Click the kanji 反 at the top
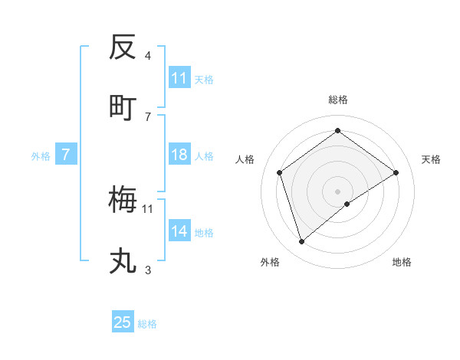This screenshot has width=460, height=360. point(123,48)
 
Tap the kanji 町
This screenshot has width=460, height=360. point(123,106)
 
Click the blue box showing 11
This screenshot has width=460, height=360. point(179,78)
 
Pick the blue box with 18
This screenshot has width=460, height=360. point(179,155)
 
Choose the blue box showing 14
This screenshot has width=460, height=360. point(179,231)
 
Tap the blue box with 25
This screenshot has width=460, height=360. point(123,322)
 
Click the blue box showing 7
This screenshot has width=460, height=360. point(66,155)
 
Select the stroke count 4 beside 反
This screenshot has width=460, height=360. point(148,56)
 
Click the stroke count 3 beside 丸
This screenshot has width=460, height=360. point(148,270)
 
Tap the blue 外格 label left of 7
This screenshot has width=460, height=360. point(41,155)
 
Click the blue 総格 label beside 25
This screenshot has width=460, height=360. point(147,323)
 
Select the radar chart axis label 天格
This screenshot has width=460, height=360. point(432,159)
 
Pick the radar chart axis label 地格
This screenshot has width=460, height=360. point(402,262)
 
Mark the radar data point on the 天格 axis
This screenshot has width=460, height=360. point(396,172)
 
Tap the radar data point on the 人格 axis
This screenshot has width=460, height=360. point(280,172)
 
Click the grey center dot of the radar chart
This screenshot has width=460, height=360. point(338,191)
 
